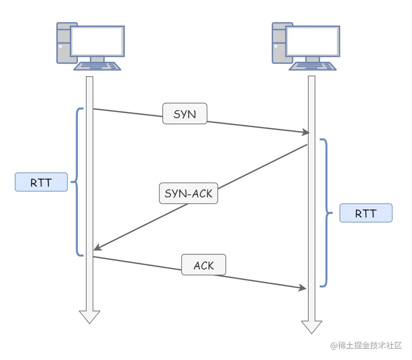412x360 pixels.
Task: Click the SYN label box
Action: [185, 114]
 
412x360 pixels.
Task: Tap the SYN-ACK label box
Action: [188, 193]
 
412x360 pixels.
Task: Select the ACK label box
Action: [204, 265]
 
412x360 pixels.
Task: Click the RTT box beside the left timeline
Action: [41, 182]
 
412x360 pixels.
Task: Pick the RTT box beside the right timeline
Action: [366, 213]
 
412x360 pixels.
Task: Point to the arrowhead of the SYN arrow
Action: [306, 132]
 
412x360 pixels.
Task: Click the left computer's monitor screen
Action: [97, 41]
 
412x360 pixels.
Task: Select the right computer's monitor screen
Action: [313, 41]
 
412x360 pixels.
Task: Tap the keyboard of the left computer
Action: [97, 66]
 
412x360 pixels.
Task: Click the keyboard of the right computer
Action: [313, 66]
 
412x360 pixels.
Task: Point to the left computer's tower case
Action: [64, 43]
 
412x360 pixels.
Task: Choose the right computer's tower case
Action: [279, 43]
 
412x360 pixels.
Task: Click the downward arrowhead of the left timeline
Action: [89, 317]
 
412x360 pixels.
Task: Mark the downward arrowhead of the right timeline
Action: [312, 327]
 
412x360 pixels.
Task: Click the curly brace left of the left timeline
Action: [77, 181]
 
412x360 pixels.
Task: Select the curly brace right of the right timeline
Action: [327, 213]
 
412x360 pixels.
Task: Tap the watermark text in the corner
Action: [366, 345]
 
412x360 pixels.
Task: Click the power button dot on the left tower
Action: [60, 46]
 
